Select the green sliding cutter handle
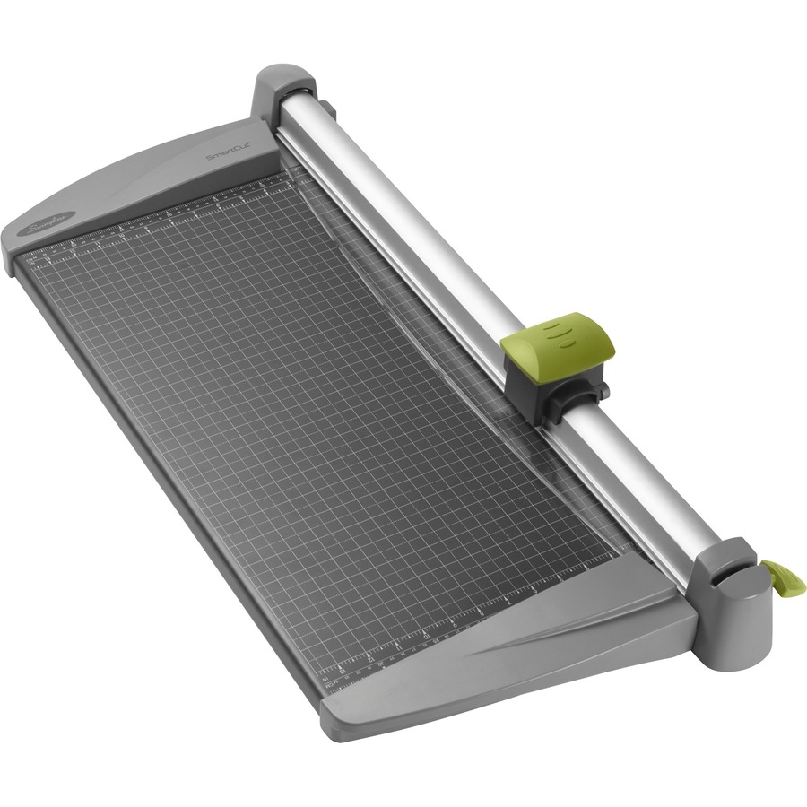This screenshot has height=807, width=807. [557, 342]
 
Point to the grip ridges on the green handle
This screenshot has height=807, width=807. [561, 333]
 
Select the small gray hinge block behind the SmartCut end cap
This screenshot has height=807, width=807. [328, 109]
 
